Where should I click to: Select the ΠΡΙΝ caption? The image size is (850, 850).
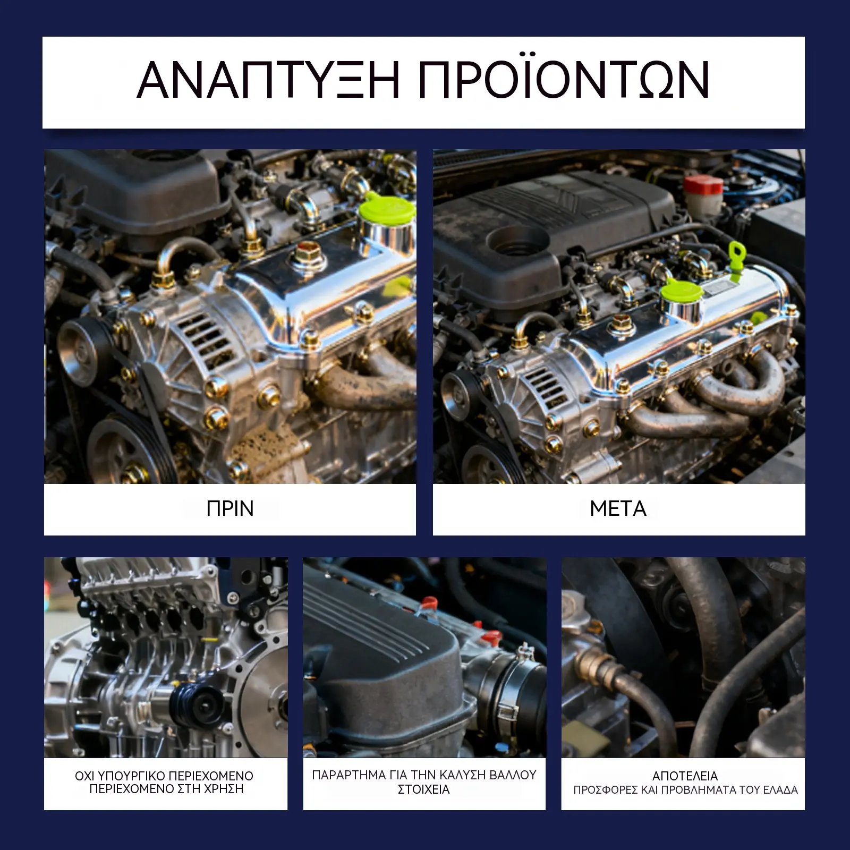click(230, 509)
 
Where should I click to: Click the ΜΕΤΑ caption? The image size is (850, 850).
click(618, 509)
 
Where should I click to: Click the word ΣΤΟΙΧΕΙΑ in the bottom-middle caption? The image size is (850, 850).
click(424, 789)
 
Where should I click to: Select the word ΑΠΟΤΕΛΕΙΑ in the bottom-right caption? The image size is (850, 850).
click(685, 776)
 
